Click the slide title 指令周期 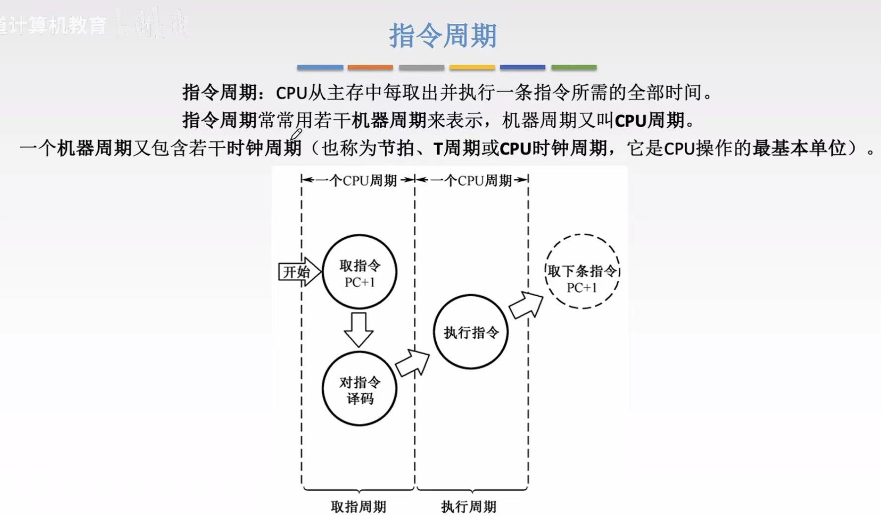[442, 36]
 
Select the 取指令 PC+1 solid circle [359, 272]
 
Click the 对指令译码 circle [359, 389]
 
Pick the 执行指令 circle [470, 332]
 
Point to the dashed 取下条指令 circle [582, 272]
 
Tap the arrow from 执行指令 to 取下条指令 [527, 304]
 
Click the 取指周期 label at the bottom [358, 507]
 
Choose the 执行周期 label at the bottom [469, 507]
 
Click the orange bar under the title [370, 67]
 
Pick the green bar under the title [574, 67]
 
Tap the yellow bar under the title [472, 67]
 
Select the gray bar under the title [421, 67]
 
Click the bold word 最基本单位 [799, 148]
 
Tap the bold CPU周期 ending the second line [649, 120]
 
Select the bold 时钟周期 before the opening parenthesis [264, 148]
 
